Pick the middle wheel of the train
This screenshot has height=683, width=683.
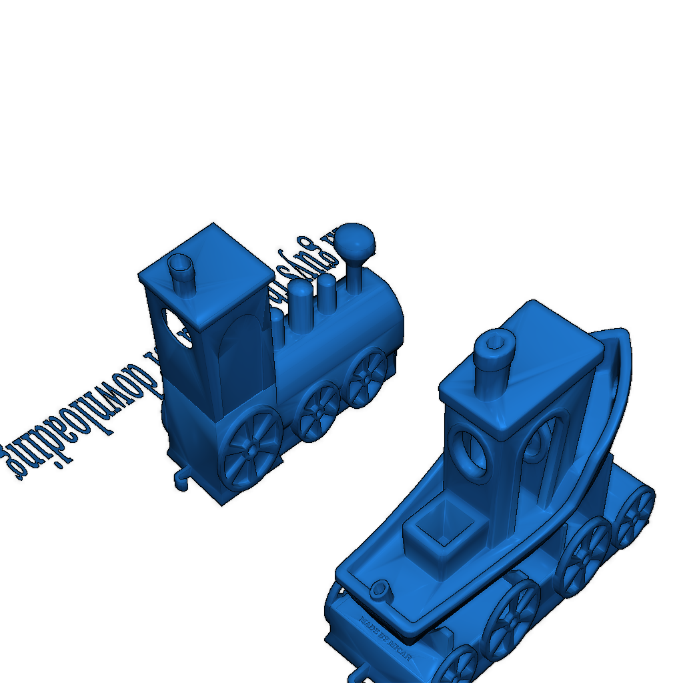(318, 411)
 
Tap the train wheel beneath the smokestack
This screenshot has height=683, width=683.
(367, 376)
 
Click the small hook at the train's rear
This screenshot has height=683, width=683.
(181, 479)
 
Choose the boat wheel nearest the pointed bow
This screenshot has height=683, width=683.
(633, 517)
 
